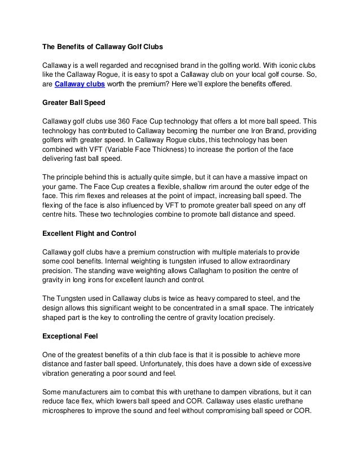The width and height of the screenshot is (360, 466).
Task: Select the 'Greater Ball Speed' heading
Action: point(76,103)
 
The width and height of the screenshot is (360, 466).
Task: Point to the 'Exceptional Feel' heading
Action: point(71,335)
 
